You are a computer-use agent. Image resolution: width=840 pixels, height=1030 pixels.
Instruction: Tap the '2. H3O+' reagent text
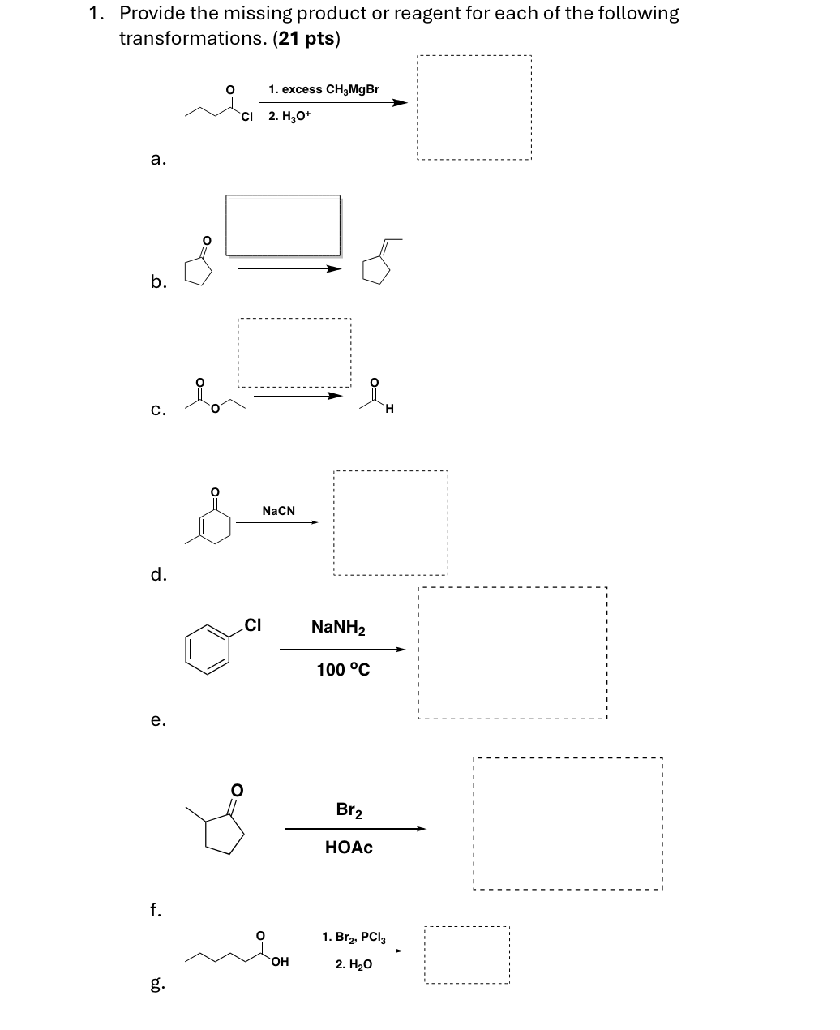[x=289, y=117]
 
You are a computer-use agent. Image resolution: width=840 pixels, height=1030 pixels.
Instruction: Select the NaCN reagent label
[x=279, y=511]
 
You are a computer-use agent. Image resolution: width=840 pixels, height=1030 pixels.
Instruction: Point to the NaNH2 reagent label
[x=338, y=628]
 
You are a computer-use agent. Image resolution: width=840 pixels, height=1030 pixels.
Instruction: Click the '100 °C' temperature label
[x=343, y=670]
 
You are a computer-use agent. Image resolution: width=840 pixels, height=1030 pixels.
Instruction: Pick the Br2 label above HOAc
[x=349, y=810]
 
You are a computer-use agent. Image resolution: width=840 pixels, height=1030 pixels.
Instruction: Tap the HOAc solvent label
[x=349, y=848]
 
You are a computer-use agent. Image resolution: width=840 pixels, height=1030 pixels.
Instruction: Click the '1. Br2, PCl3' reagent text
[x=354, y=938]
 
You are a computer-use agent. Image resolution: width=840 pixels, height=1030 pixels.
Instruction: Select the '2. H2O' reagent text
[x=354, y=965]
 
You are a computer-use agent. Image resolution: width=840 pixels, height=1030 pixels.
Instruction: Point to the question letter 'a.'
[x=159, y=160]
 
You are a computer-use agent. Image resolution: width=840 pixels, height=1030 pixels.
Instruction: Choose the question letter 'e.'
[x=159, y=719]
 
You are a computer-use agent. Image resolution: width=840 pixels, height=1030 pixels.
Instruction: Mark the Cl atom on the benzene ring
[x=252, y=624]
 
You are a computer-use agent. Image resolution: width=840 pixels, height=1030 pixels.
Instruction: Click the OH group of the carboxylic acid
[x=280, y=963]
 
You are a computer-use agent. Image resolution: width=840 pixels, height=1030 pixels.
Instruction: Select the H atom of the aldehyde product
[x=390, y=408]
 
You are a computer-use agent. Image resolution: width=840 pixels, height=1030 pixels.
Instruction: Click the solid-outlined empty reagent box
[x=283, y=225]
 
